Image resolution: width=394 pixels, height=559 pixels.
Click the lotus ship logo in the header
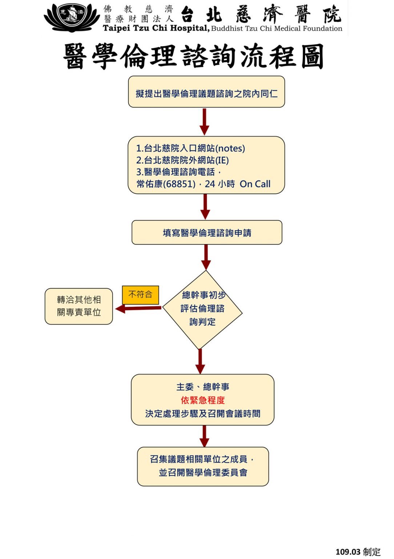(x=72, y=18)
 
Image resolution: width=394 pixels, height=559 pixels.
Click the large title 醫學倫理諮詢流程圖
(x=194, y=56)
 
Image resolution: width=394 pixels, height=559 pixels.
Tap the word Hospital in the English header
(x=190, y=28)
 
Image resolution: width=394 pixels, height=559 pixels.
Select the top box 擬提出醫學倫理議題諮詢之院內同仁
(x=206, y=92)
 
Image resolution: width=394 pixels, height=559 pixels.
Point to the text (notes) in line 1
(x=230, y=148)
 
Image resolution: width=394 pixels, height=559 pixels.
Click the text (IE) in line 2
(x=222, y=160)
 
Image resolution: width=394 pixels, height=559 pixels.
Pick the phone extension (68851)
(x=179, y=184)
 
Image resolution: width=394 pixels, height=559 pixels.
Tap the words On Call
(x=255, y=184)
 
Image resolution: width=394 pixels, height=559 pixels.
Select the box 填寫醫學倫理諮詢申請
(x=207, y=232)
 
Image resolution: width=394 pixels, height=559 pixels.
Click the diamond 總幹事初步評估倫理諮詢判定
(x=202, y=309)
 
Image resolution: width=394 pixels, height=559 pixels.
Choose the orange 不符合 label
(x=140, y=295)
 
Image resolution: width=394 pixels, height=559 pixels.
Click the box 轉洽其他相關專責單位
(x=79, y=306)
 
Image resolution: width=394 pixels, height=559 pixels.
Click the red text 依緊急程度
(x=203, y=400)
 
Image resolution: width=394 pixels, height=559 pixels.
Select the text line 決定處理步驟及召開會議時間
(x=203, y=414)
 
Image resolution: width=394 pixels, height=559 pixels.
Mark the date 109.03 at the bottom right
(x=348, y=552)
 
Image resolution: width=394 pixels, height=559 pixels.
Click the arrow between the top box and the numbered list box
(x=204, y=122)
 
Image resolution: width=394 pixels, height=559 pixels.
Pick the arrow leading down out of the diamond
(x=200, y=361)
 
